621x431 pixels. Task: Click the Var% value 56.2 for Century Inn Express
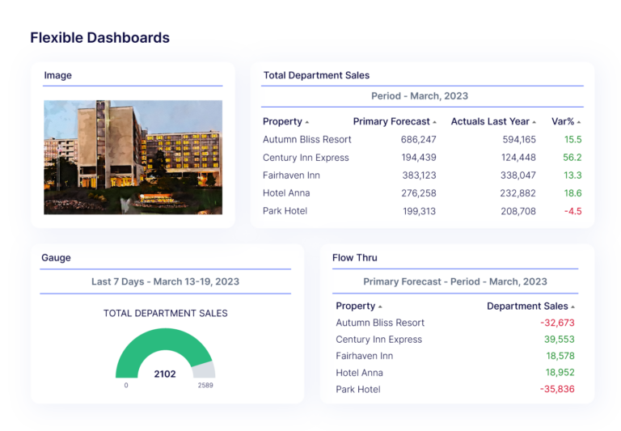click(x=572, y=158)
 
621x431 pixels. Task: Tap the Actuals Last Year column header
click(x=490, y=122)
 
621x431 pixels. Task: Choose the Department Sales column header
click(x=527, y=306)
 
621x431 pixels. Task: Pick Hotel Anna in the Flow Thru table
click(x=359, y=373)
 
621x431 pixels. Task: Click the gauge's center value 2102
click(x=164, y=374)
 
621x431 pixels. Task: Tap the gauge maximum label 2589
click(x=205, y=386)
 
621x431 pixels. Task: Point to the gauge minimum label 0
click(x=126, y=386)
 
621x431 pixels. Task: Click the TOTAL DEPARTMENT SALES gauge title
click(x=165, y=313)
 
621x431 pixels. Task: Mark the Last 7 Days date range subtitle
click(x=165, y=282)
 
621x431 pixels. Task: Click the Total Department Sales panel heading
click(x=316, y=75)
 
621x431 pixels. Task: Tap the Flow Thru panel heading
click(x=354, y=258)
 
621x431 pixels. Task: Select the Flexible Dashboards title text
click(x=99, y=37)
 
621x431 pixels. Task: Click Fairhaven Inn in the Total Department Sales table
click(x=291, y=175)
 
